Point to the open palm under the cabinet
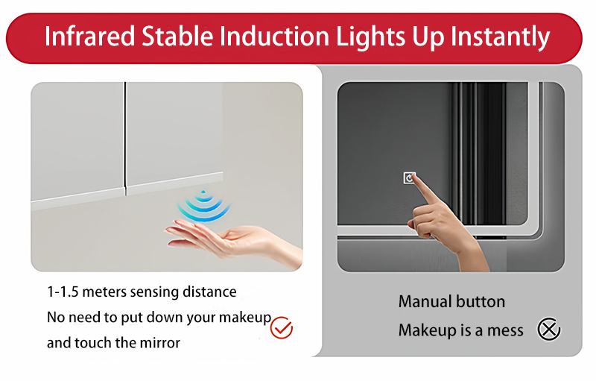[216, 237]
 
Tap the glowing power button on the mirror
[409, 177]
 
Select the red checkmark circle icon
[281, 327]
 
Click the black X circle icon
[549, 329]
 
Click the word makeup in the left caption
[247, 318]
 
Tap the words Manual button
[451, 302]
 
